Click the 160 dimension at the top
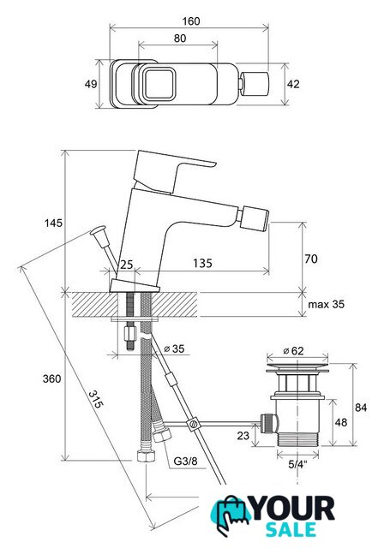coord(191,21)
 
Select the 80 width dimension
coord(180,38)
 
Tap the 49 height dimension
coord(91,84)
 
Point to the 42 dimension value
coord(293,84)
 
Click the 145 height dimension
coord(53,223)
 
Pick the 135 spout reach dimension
coord(202,263)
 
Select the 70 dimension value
coord(311,259)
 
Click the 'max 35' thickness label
coord(326,304)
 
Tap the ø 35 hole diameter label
coord(174,348)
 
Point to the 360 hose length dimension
coord(51,378)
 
